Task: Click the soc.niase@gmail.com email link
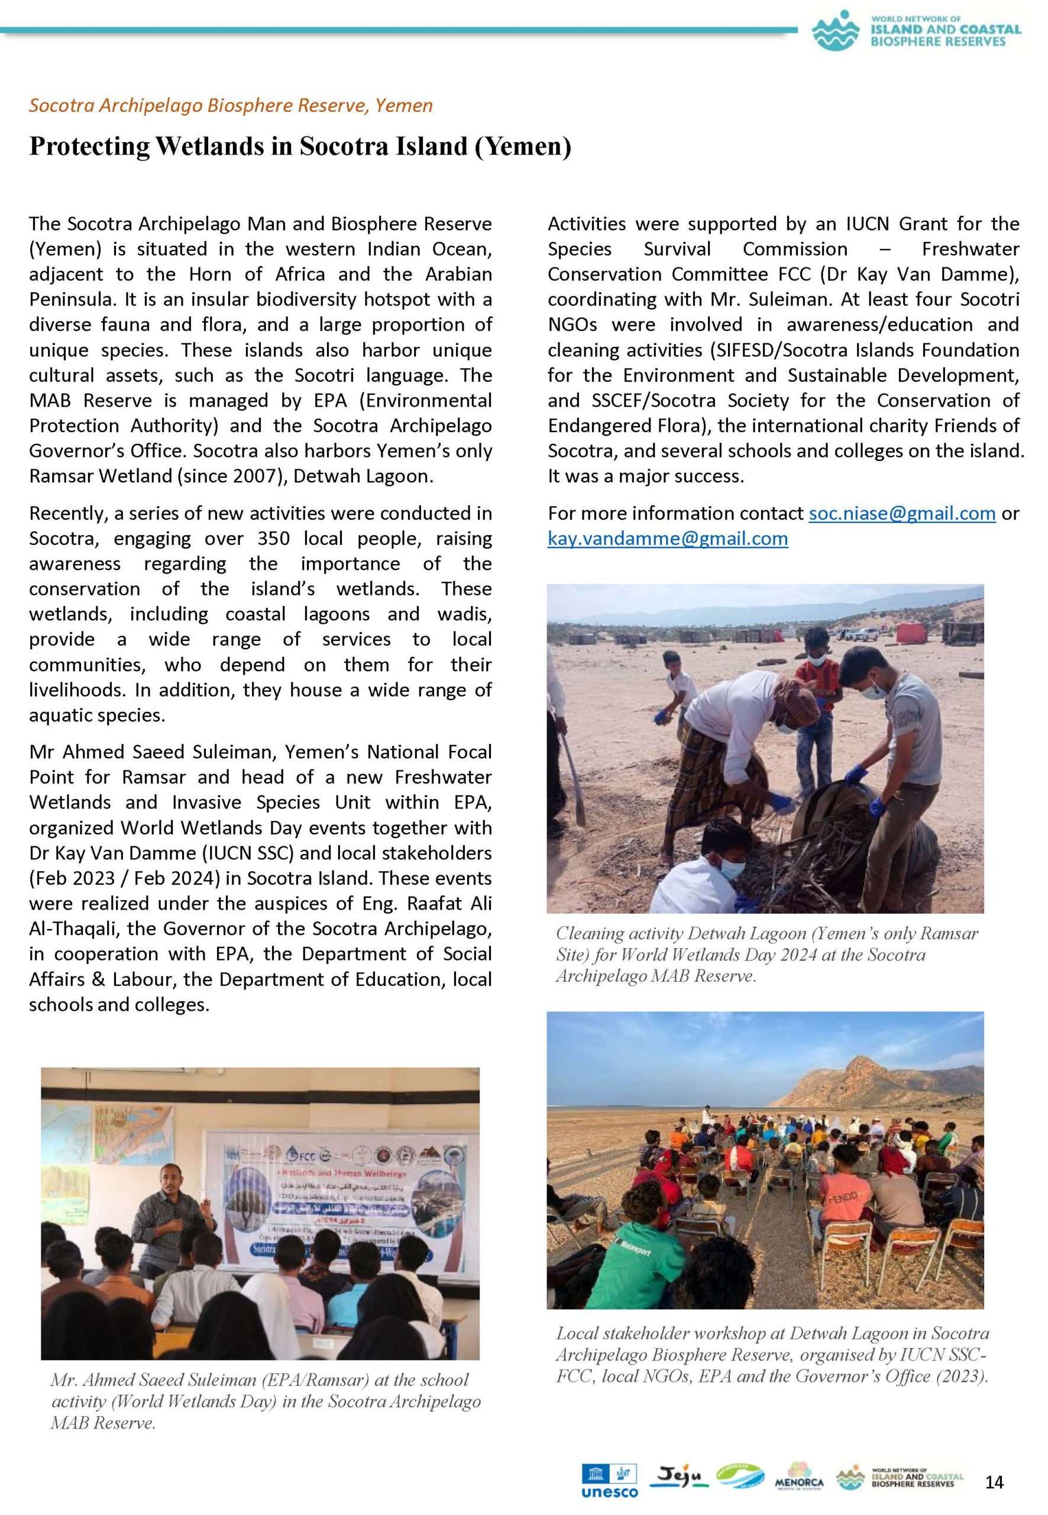(901, 513)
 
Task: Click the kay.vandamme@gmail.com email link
(667, 539)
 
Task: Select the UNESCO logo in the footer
(609, 1481)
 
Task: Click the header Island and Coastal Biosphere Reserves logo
(916, 30)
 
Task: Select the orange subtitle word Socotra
(62, 105)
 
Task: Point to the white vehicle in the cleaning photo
(859, 634)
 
